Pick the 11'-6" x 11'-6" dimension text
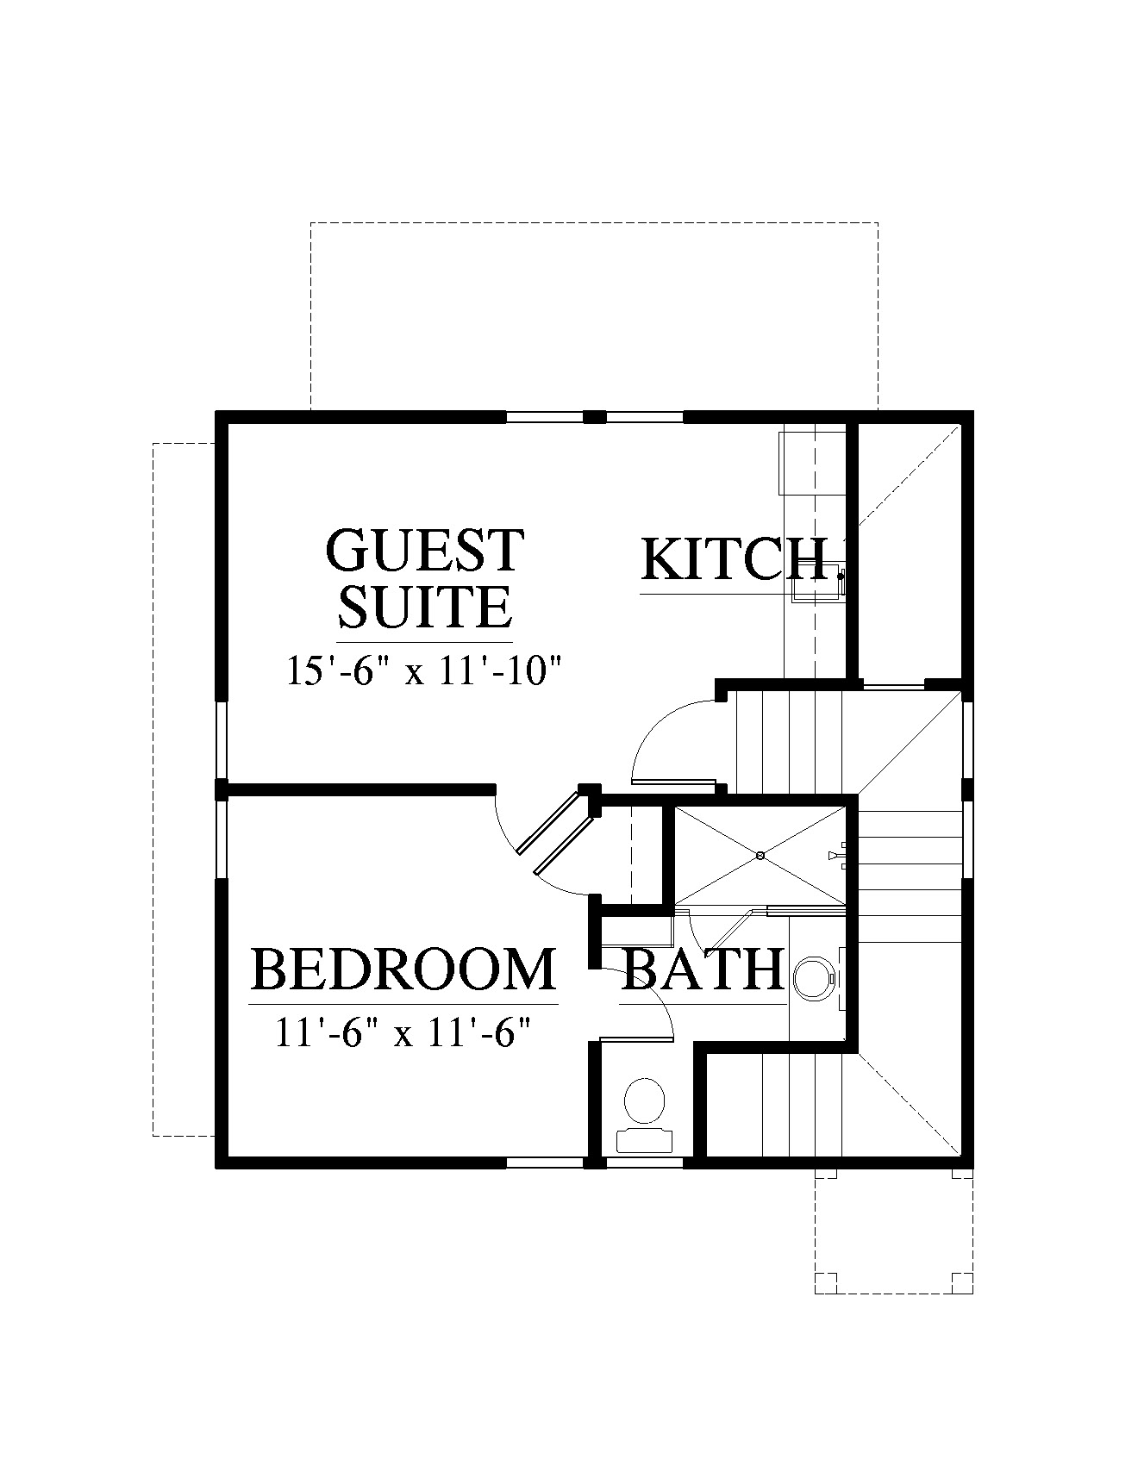(402, 1032)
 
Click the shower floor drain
(760, 856)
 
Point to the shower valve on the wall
(836, 855)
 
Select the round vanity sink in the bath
(812, 977)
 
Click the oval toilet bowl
(644, 1100)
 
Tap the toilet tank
(644, 1139)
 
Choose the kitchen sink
(816, 582)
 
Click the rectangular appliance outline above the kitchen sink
(813, 463)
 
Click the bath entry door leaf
(636, 1041)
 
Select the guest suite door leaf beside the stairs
(674, 782)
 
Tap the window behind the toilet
(644, 1163)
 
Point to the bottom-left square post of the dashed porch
(826, 1283)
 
